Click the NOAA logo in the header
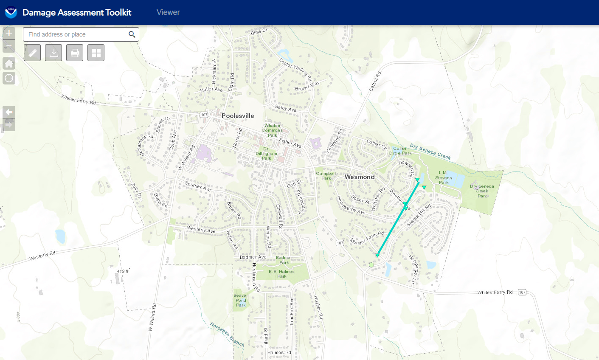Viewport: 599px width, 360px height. pos(11,12)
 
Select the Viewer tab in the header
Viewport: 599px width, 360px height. pos(168,12)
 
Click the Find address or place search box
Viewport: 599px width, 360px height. pos(74,34)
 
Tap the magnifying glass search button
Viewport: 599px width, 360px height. pos(132,34)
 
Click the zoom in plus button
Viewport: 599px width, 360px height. pos(9,33)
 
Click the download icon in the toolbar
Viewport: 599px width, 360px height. pos(53,53)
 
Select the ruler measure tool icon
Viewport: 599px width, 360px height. pos(32,53)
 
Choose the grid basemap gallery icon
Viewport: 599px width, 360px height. pos(96,53)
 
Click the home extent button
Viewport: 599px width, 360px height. pos(9,64)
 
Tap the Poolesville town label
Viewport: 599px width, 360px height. pos(238,116)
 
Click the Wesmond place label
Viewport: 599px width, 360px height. pos(360,177)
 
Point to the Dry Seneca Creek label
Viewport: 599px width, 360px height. pos(430,152)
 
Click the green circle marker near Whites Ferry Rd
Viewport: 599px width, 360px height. pos(371,265)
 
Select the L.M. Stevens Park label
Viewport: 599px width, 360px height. pos(443,177)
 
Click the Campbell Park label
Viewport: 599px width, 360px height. pos(326,176)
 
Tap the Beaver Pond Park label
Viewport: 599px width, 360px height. pos(241,300)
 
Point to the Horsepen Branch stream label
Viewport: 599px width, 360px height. pos(227,334)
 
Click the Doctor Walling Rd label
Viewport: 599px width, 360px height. pos(295,70)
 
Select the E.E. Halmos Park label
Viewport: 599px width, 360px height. pos(281,274)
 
